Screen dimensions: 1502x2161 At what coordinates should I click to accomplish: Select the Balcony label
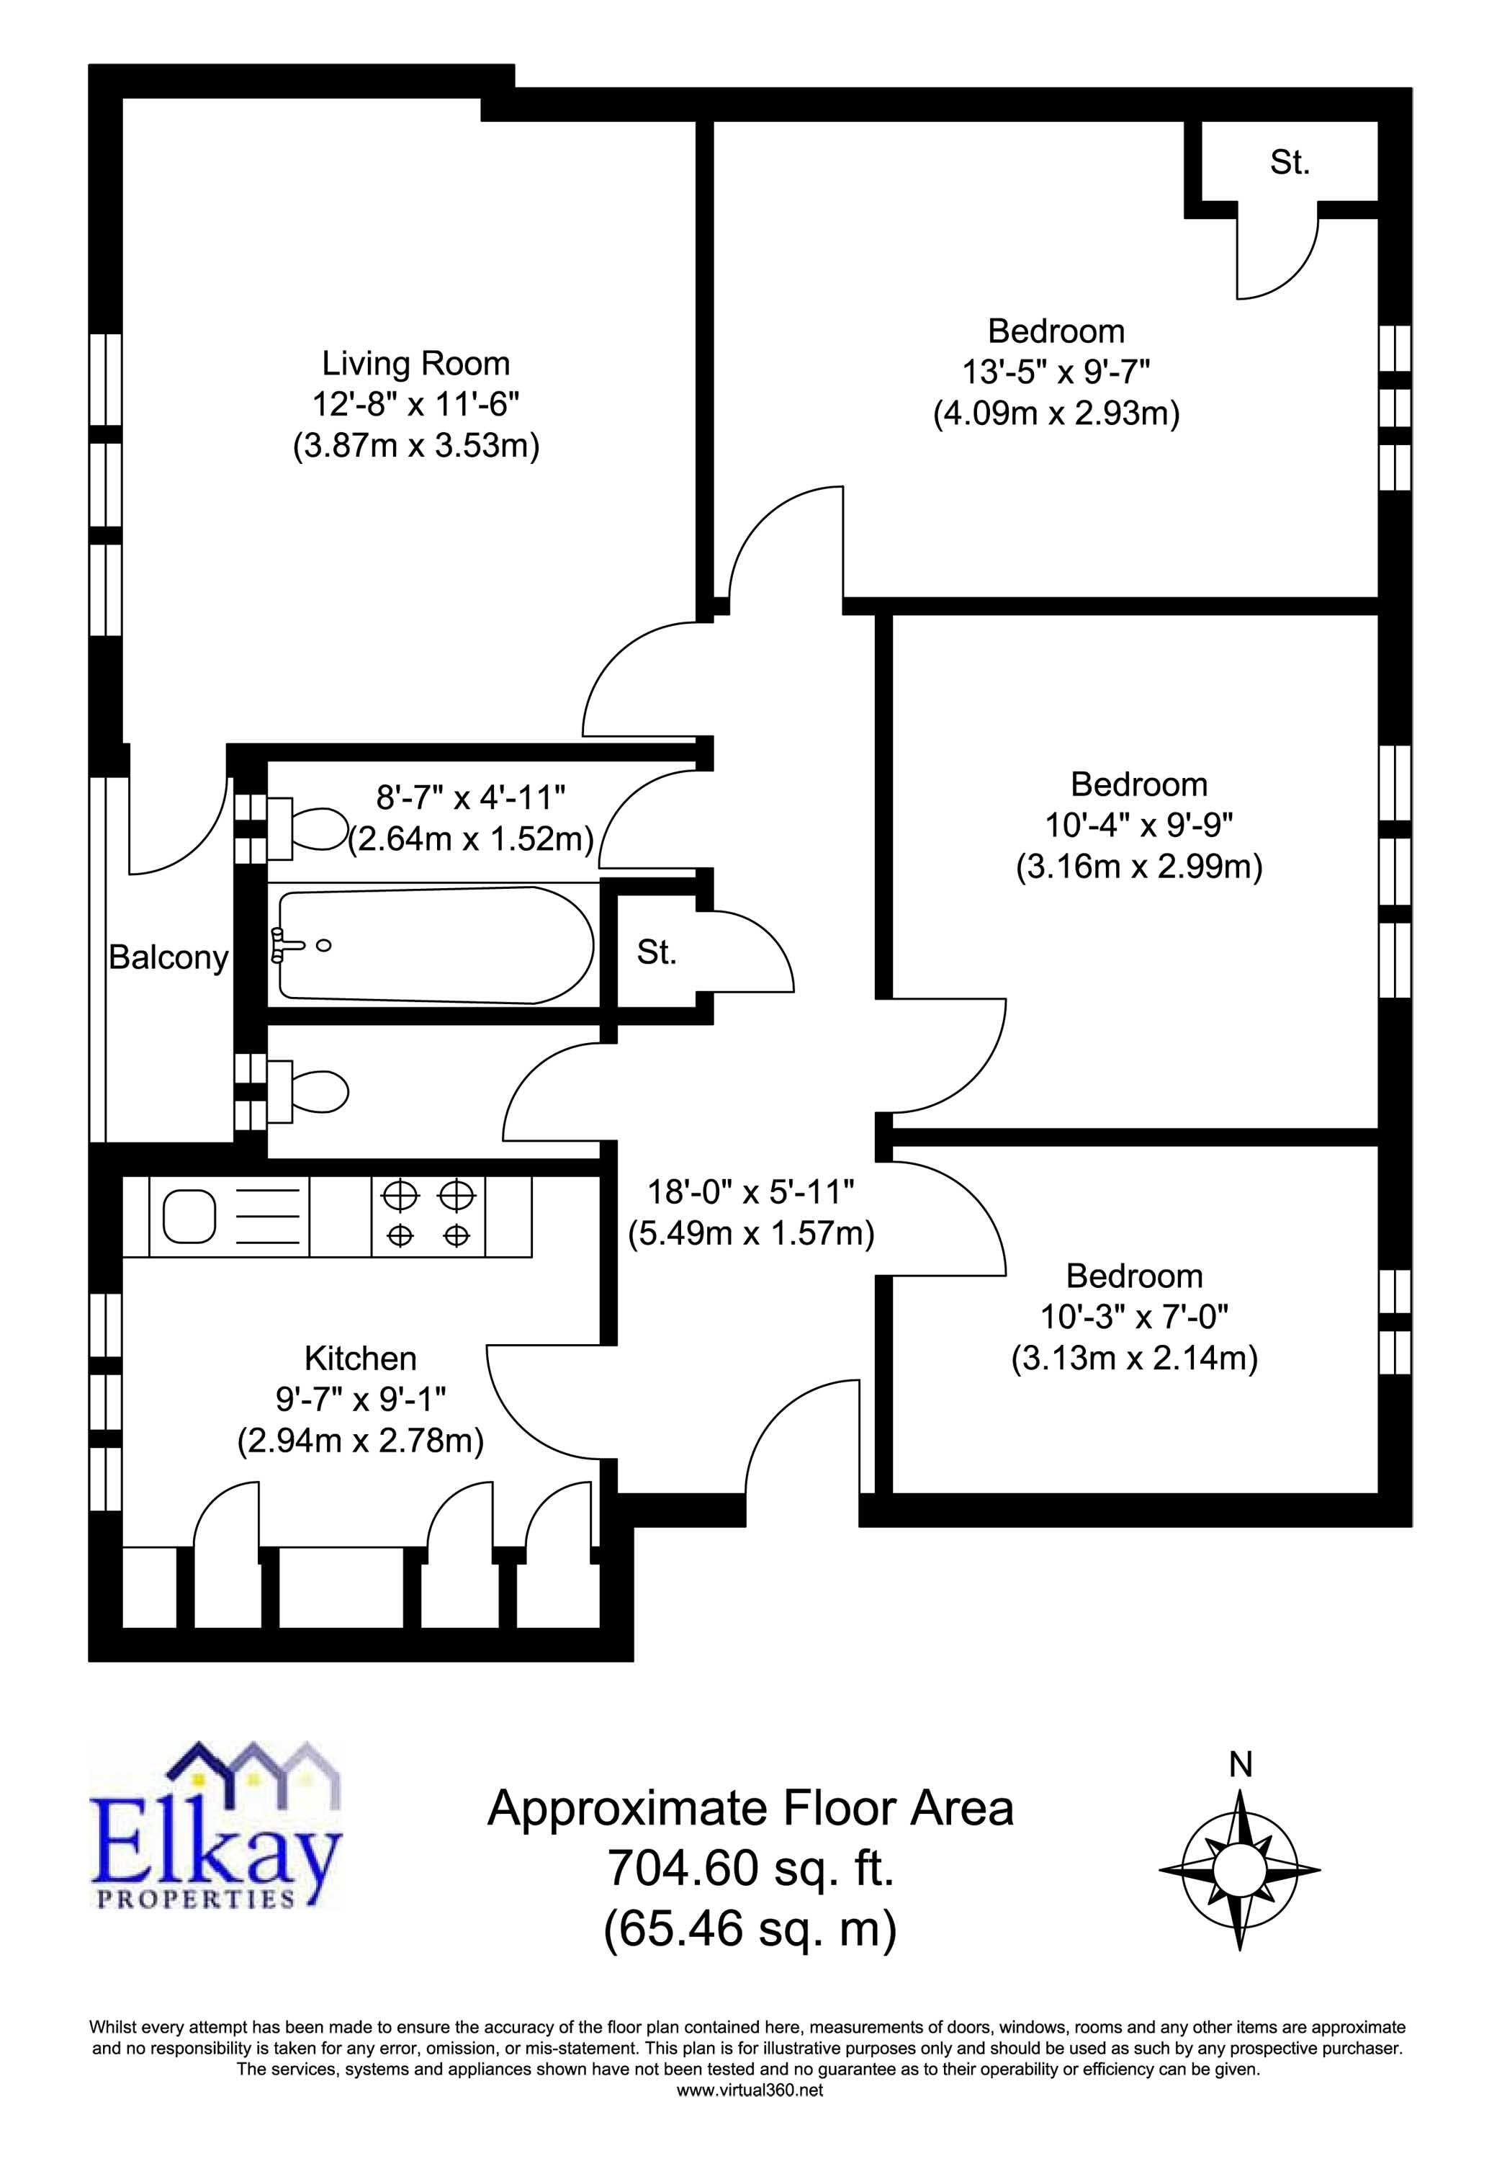point(168,957)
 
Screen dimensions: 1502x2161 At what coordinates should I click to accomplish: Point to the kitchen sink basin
point(190,1216)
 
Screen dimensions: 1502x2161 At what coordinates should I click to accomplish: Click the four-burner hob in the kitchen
point(428,1216)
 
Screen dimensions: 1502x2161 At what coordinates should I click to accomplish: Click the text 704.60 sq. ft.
point(750,1869)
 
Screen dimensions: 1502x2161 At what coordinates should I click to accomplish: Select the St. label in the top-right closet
point(1290,163)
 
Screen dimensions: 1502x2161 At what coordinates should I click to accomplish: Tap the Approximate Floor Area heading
point(750,1809)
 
